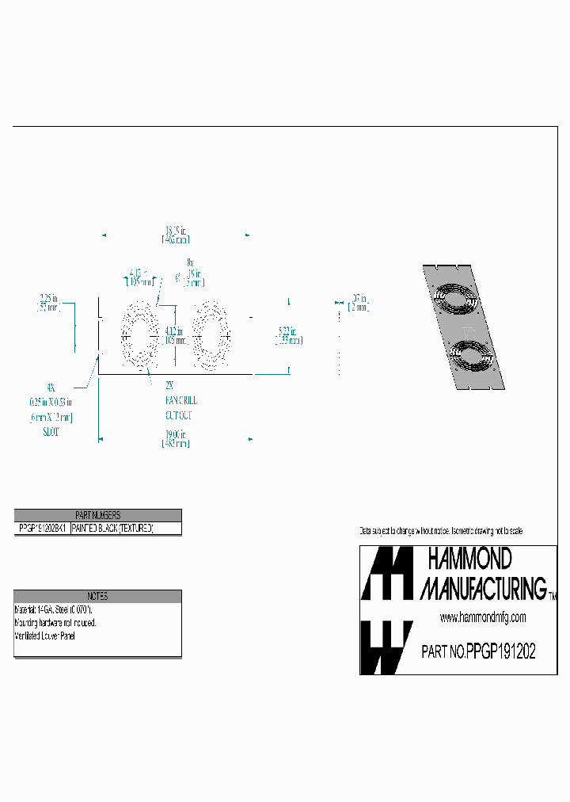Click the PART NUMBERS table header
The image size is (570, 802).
97,515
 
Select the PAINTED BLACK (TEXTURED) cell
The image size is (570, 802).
112,528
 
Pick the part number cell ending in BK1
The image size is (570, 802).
43,528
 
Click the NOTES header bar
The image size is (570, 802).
97,596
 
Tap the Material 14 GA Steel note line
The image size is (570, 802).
54,610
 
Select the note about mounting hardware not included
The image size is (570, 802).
55,623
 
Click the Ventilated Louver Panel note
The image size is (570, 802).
47,636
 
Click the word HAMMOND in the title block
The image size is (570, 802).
470,559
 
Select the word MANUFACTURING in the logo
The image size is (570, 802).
483,587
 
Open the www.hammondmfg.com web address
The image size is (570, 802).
483,617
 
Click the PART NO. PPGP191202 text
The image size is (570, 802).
479,652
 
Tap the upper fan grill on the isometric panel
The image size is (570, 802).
456,301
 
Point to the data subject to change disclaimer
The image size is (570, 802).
441,530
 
